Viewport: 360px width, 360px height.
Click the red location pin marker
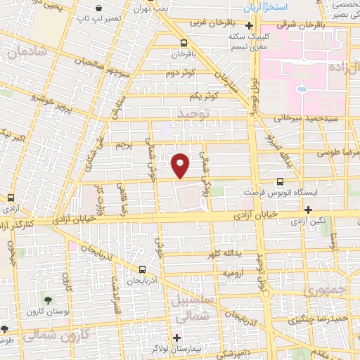click(181, 165)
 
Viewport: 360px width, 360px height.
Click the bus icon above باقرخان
click(184, 42)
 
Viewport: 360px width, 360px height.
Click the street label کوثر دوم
click(181, 72)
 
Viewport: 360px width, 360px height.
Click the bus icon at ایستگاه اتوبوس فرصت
click(280, 181)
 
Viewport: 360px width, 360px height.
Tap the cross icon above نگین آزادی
click(307, 209)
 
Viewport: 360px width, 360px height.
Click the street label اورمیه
click(233, 271)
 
